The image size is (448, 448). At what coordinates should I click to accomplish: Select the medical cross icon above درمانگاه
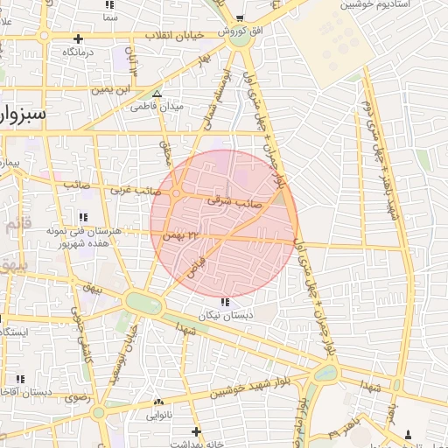(x=79, y=38)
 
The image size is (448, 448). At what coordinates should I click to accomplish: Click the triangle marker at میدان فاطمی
(x=157, y=94)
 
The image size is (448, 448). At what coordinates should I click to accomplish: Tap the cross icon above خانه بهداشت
(x=196, y=430)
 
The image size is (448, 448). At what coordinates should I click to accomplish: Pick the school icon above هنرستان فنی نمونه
(x=83, y=216)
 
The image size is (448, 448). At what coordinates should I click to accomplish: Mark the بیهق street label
(x=90, y=285)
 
